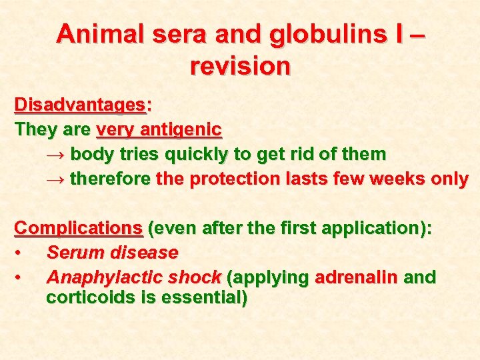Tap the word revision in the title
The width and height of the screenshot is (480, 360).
pyautogui.click(x=240, y=66)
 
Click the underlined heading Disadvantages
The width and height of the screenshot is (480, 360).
pyautogui.click(x=79, y=105)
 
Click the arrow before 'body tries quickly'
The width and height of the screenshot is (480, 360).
pyautogui.click(x=56, y=155)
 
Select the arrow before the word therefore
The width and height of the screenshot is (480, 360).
pyautogui.click(x=56, y=179)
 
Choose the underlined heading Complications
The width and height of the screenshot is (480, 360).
pyautogui.click(x=79, y=229)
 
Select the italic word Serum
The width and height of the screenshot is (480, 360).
pyautogui.click(x=74, y=253)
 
